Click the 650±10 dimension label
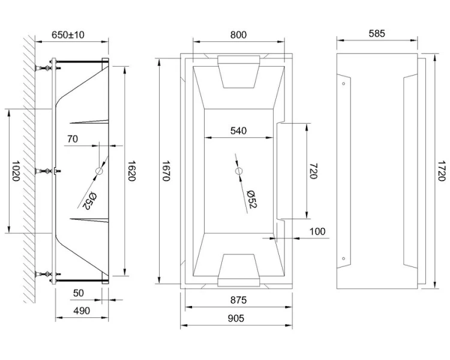point(68,35)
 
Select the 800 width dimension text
point(238,35)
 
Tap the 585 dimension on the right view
point(376,34)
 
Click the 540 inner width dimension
point(238,131)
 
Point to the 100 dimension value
point(317,231)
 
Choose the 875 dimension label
point(238,300)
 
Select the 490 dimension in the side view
point(81,311)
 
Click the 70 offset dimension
point(73,139)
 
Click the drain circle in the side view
point(99,172)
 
